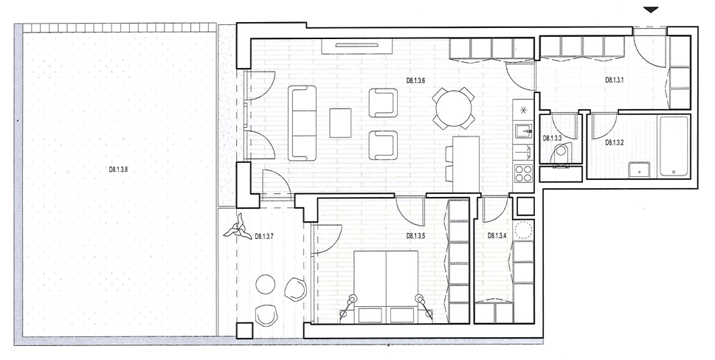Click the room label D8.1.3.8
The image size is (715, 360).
coord(119,169)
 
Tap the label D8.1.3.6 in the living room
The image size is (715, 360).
coord(416,80)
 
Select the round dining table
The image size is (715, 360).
coord(454,109)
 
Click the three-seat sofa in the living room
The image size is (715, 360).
coord(303,123)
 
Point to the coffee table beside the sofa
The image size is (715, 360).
coord(341,122)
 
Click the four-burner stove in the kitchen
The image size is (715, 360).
coord(523,173)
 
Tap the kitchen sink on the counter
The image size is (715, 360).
coord(524,131)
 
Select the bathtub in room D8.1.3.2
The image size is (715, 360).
coord(674,147)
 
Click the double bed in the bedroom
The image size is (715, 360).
coord(386,287)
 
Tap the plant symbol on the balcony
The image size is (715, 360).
coord(237,229)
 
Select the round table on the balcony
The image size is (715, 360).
coord(266,284)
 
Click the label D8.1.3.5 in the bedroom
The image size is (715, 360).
coord(416,236)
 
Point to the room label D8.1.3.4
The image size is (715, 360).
coord(497,235)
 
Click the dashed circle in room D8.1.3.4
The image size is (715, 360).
coord(523,229)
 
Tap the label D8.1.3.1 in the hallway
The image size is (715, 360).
coord(615,80)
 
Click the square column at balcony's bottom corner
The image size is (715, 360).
coord(244,330)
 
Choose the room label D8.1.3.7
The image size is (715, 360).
coord(265,236)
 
